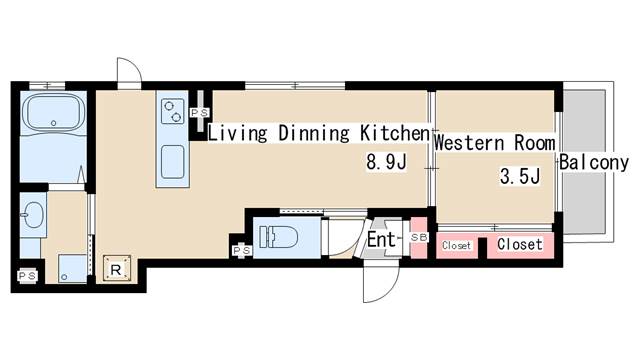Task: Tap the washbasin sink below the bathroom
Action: tap(32, 214)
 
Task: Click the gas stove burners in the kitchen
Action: tap(171, 110)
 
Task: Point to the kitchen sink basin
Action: tap(171, 160)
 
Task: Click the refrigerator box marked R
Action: tap(116, 267)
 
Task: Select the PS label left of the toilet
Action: tap(240, 249)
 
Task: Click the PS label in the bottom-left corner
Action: tap(27, 273)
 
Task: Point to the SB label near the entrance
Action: tap(419, 237)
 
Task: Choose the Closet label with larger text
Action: tap(520, 244)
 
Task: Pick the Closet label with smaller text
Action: tap(457, 245)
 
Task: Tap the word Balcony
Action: tap(594, 163)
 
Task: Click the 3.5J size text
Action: tap(520, 178)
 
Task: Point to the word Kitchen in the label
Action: tap(393, 132)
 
